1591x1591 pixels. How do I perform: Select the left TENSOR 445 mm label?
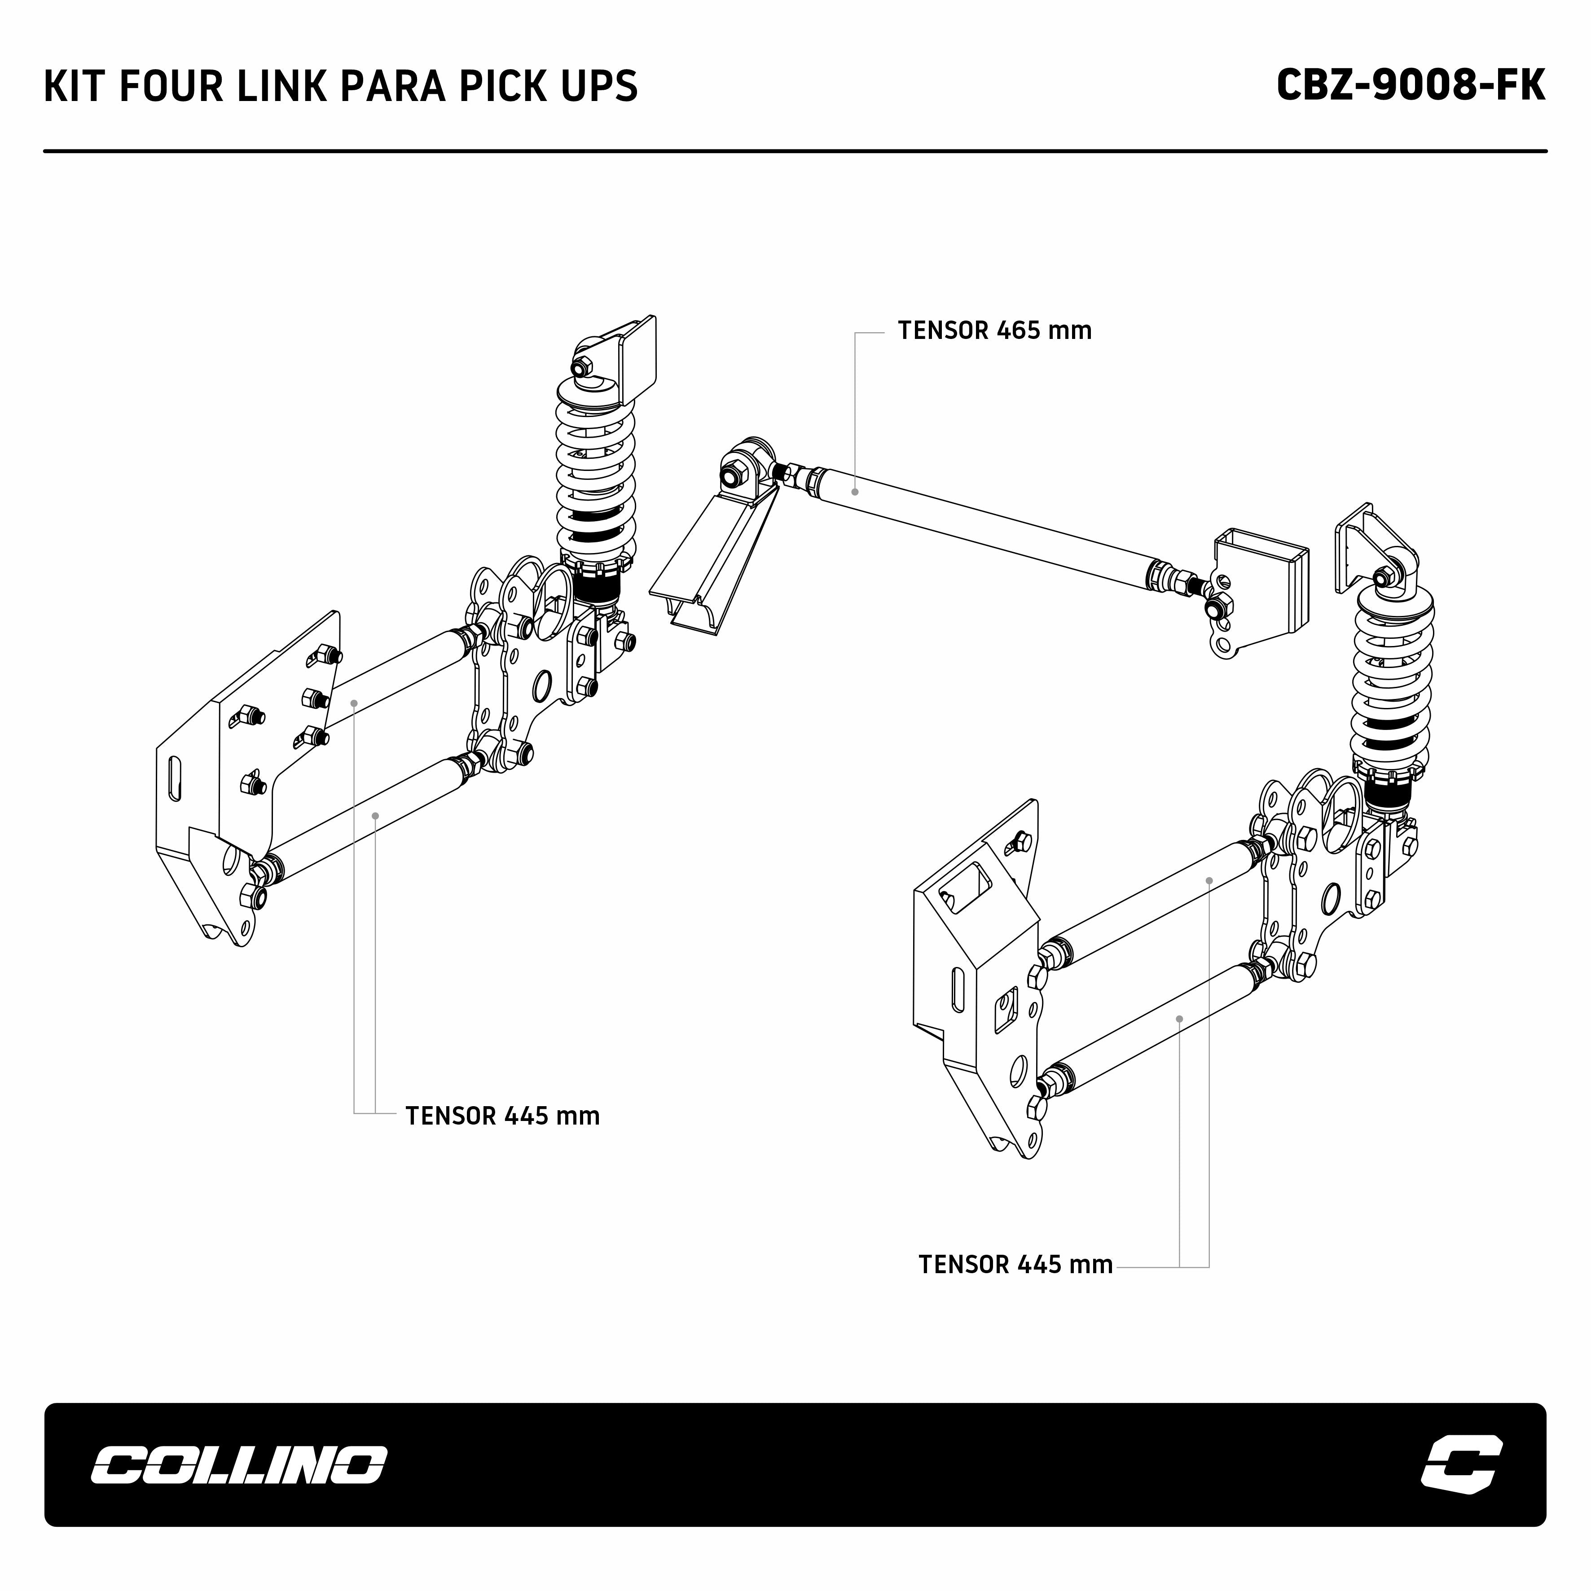(502, 1116)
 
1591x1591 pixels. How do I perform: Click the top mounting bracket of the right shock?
(1359, 544)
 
